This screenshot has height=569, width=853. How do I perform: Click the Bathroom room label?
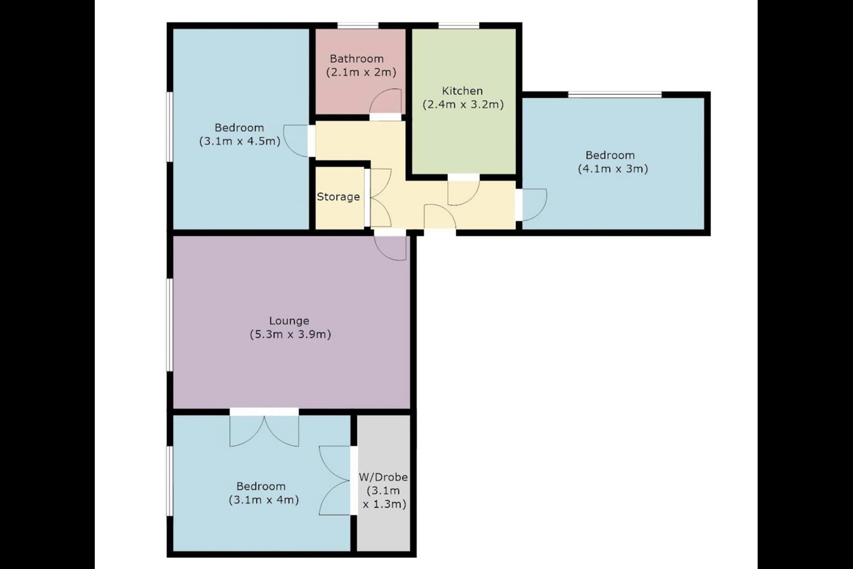pos(357,59)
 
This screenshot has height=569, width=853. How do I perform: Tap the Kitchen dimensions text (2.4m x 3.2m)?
pos(463,105)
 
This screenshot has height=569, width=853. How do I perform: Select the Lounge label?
pos(289,321)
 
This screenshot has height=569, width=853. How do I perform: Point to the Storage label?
pos(338,197)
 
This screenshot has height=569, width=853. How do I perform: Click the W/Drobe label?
pos(383,477)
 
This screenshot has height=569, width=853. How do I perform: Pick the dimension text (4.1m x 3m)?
pos(613,169)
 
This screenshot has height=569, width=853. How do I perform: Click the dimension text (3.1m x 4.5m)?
pos(239,142)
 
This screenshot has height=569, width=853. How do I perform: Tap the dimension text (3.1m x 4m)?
pos(263,500)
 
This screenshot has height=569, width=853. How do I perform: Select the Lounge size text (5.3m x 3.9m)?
pos(290,334)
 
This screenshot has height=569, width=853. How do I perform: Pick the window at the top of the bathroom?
pos(358,25)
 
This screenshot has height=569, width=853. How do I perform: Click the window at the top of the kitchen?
pos(458,25)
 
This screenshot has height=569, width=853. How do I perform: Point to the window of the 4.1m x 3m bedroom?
pos(615,94)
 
